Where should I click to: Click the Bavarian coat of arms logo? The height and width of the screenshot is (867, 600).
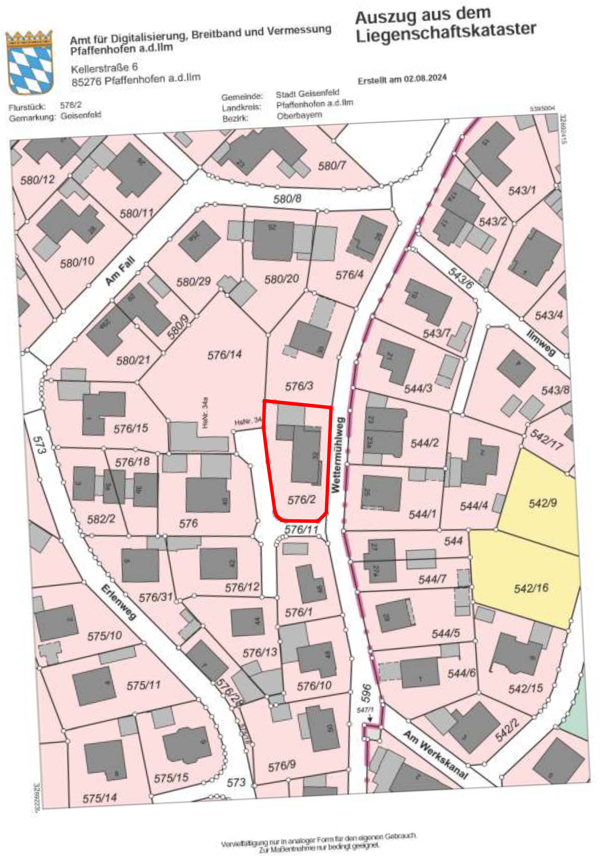[x=29, y=62]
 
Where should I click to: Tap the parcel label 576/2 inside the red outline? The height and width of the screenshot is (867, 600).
[x=302, y=500]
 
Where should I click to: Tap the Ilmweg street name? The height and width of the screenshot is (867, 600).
[x=541, y=343]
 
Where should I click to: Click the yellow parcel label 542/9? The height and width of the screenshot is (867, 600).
[x=543, y=503]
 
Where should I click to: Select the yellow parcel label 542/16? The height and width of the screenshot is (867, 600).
[x=531, y=588]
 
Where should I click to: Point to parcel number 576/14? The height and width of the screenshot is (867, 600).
[x=225, y=355]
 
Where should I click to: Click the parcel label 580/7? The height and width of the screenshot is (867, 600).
[x=332, y=166]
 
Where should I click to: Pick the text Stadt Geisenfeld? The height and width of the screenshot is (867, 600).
[x=307, y=93]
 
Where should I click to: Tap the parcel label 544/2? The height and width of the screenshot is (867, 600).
[x=424, y=444]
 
